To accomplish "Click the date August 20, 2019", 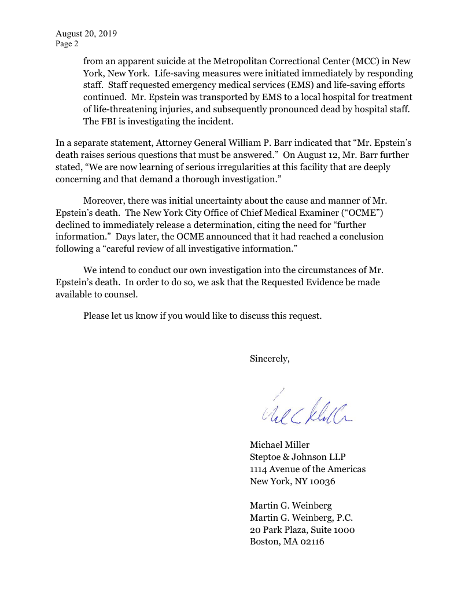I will (86, 34).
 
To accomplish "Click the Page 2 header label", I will (67, 43).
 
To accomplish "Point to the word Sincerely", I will (270, 359).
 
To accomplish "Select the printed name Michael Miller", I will (280, 445).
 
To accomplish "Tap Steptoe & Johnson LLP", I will (297, 457).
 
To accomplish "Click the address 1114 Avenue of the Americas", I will (308, 469).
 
